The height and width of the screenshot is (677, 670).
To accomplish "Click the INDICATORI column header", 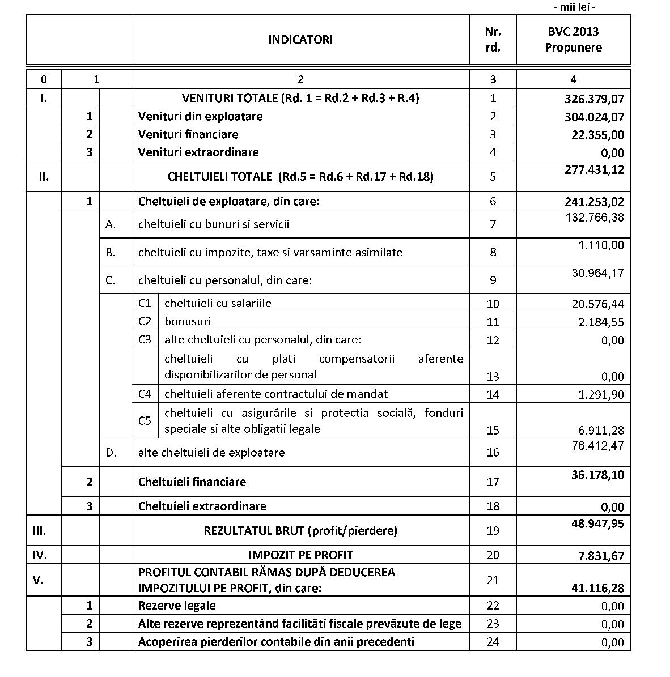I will [x=300, y=40].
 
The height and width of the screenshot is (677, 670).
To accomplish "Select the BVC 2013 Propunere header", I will [x=573, y=40].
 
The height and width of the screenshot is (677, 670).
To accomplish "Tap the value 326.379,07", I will [x=594, y=99].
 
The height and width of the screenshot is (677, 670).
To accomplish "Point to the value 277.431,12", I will [x=594, y=169].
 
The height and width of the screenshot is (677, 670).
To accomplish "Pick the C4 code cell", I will [x=145, y=394].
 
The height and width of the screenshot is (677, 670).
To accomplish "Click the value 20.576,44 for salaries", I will [x=597, y=304].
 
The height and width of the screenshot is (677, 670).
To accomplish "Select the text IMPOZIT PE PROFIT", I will [x=300, y=555].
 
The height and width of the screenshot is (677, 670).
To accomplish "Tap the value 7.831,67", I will [x=601, y=556].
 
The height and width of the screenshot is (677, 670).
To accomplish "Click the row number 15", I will [x=493, y=431].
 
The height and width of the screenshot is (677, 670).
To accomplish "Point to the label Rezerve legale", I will [x=177, y=606].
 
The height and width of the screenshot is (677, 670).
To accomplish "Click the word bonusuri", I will [x=188, y=321].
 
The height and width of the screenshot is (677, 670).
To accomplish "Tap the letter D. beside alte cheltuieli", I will [x=111, y=453].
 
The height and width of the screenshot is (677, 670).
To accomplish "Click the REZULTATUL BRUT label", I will [x=300, y=531].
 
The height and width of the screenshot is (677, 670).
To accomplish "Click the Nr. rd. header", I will [x=493, y=40].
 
